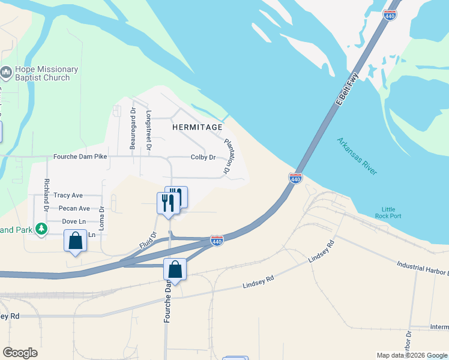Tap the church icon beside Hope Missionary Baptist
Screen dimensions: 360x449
(x=7, y=73)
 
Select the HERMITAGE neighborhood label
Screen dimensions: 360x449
(x=197, y=127)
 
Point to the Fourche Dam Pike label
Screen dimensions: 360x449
(x=80, y=157)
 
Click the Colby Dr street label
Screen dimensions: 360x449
(x=203, y=157)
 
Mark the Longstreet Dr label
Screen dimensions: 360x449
(x=149, y=130)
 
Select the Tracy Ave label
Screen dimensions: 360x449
(x=68, y=196)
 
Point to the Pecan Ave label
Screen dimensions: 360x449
(x=74, y=209)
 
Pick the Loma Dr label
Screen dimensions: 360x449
(x=101, y=219)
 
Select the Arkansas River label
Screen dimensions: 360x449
(x=357, y=156)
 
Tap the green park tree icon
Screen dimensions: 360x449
(x=41, y=229)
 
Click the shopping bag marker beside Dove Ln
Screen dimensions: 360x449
(x=76, y=241)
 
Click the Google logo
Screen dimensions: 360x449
(x=20, y=353)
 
